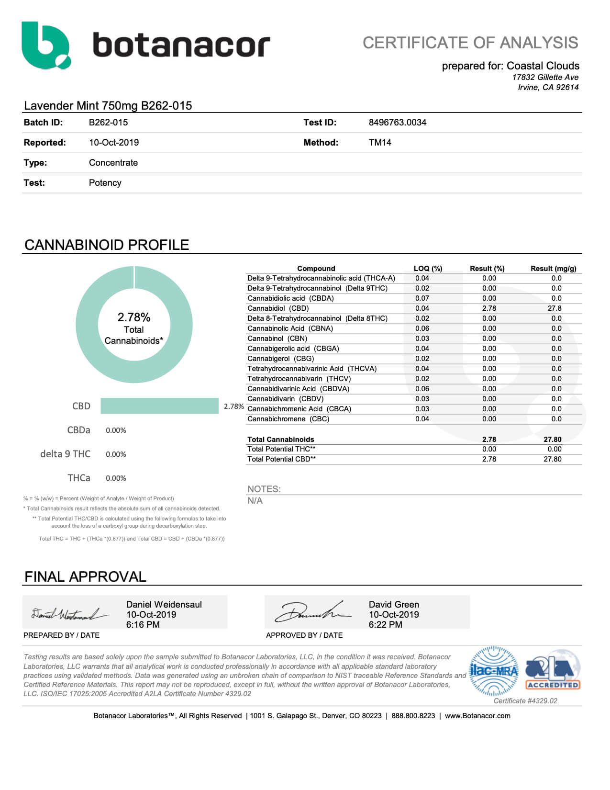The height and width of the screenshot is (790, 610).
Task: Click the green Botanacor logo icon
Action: [x=46, y=45]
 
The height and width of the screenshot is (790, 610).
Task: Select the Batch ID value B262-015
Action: [x=108, y=123]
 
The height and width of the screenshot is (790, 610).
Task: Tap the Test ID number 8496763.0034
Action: [x=397, y=123]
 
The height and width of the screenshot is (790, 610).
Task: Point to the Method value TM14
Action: [x=380, y=143]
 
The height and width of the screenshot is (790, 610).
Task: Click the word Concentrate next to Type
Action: [x=113, y=163]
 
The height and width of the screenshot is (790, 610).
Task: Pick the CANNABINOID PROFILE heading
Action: [x=107, y=245]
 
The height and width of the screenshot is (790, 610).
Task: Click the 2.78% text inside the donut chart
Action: [x=134, y=317]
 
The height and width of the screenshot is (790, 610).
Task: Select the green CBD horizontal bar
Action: [x=159, y=406]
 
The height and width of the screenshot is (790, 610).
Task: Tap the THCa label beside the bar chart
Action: [x=79, y=478]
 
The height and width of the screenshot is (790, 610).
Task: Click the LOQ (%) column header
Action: [x=428, y=269]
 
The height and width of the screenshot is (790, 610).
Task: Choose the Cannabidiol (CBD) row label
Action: [x=278, y=308]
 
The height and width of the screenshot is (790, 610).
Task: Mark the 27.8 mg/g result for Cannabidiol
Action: [x=555, y=308]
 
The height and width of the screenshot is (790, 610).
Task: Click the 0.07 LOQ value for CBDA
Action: [x=422, y=298]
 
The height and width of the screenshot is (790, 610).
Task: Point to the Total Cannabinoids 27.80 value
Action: [x=552, y=440]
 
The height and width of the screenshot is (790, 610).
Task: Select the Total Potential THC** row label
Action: [x=281, y=449]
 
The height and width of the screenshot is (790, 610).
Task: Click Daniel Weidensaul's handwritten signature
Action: [x=69, y=614]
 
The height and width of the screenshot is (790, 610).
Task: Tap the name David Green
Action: [x=394, y=605]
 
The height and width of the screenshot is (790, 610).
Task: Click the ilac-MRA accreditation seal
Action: [x=494, y=671]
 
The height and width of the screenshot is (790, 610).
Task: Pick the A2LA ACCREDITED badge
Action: [x=553, y=670]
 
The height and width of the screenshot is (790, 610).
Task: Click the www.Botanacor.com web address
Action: [x=477, y=716]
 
